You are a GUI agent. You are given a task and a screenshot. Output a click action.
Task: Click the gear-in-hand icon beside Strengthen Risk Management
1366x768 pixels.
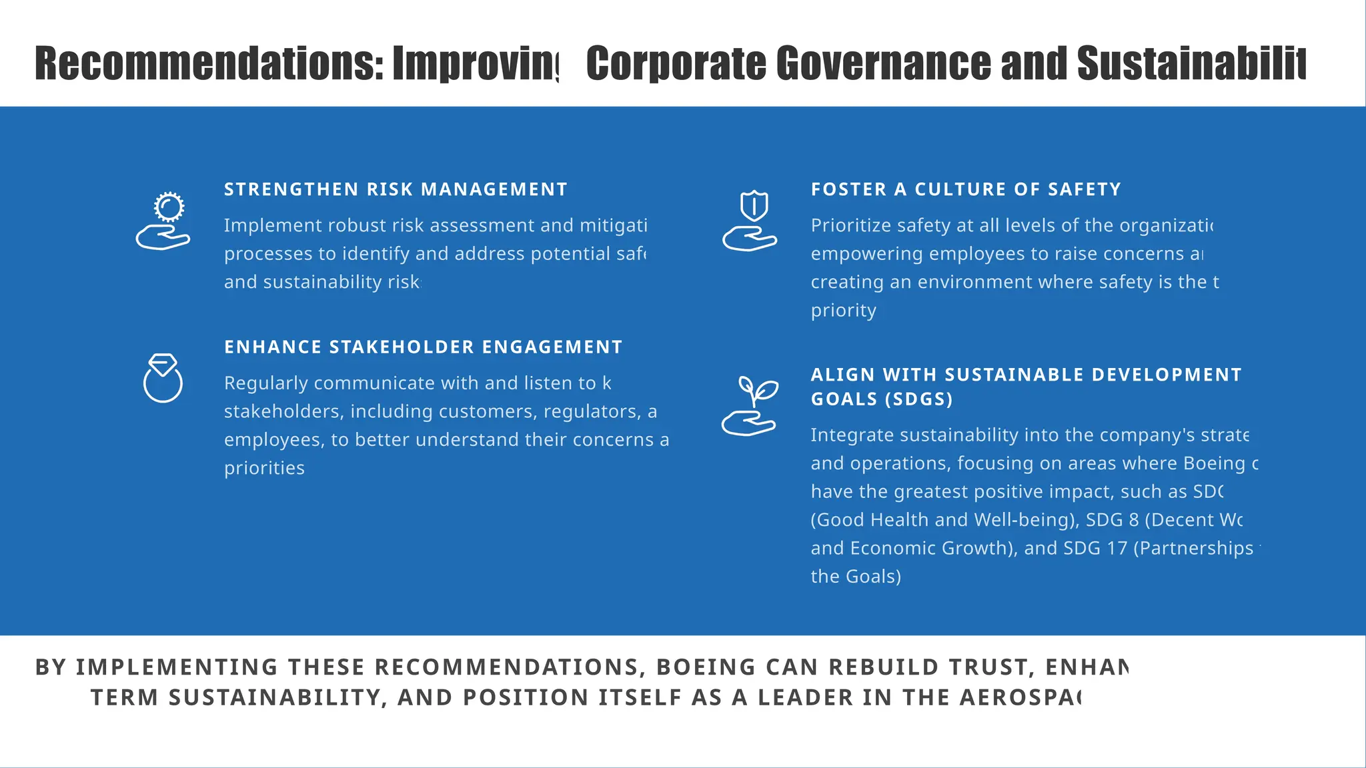(163, 221)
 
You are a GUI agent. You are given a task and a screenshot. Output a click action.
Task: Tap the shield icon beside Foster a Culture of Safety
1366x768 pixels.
(751, 221)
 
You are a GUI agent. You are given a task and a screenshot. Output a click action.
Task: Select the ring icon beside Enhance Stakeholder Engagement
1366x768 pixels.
(163, 378)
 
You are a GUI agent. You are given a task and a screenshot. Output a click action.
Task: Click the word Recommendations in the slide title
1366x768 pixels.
(209, 64)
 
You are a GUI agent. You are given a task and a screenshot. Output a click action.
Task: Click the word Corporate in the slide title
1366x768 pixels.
(676, 64)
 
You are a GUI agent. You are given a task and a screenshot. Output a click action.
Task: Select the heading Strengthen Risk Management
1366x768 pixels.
(396, 190)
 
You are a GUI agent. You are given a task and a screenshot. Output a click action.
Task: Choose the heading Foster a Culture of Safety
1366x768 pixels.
(966, 190)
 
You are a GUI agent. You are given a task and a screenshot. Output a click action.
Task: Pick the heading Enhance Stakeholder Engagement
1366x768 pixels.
(423, 347)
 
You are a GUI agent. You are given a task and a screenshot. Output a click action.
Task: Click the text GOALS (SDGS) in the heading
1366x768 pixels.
(882, 399)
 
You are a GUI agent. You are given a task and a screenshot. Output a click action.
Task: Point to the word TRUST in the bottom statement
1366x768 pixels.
(931, 667)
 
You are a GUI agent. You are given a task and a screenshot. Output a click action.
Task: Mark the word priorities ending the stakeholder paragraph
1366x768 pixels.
(264, 468)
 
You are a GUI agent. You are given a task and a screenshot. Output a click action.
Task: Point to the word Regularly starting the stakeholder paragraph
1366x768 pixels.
(266, 383)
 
